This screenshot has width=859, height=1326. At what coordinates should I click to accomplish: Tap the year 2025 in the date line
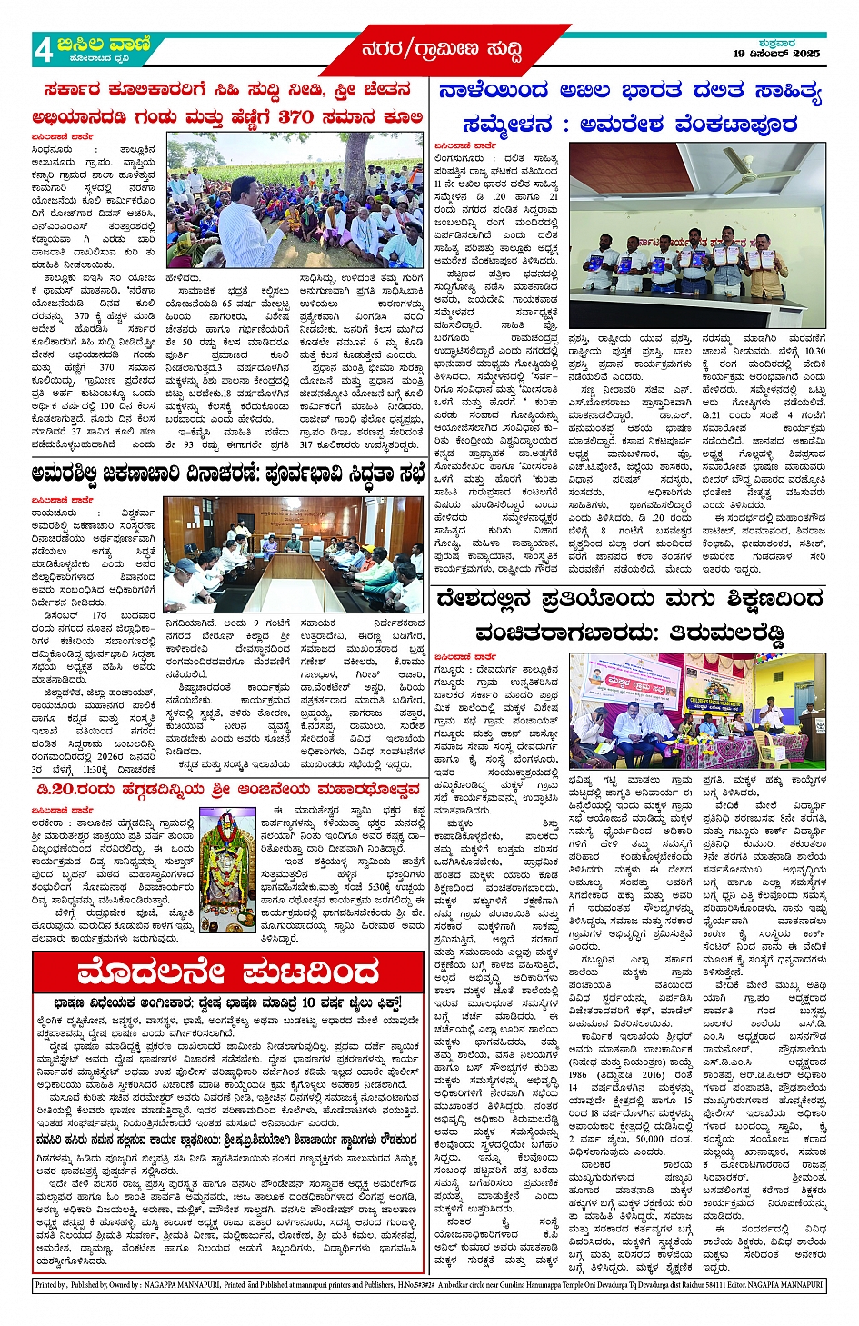point(805,54)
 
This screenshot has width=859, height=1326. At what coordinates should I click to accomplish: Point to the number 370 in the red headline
point(295,117)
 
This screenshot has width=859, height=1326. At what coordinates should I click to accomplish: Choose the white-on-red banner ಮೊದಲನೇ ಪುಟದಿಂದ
point(228,972)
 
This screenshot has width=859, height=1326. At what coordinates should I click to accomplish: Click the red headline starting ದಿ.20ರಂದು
point(227,789)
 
